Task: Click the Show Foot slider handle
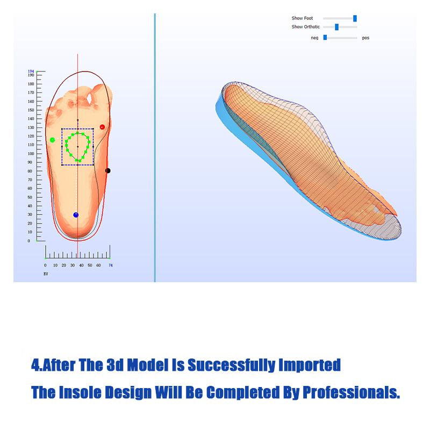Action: click(355, 18)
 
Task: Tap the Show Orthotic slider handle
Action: click(337, 27)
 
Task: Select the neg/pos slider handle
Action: click(325, 38)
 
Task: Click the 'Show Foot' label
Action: click(302, 18)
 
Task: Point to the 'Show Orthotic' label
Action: click(305, 26)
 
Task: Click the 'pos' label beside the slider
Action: click(365, 38)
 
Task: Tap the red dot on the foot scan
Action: click(102, 127)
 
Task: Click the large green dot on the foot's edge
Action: click(52, 140)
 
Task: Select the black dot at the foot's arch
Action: click(108, 170)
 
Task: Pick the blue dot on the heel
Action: click(76, 215)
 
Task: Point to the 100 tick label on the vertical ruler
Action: click(31, 154)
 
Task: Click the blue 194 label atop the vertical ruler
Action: click(31, 71)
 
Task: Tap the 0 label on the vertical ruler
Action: click(29, 241)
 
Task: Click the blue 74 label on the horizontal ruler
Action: click(111, 265)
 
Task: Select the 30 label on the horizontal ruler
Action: click(73, 265)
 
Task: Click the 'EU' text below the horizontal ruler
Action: click(46, 274)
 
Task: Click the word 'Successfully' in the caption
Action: click(232, 365)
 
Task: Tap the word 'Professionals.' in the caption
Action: click(352, 392)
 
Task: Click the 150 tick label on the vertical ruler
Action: click(31, 110)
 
